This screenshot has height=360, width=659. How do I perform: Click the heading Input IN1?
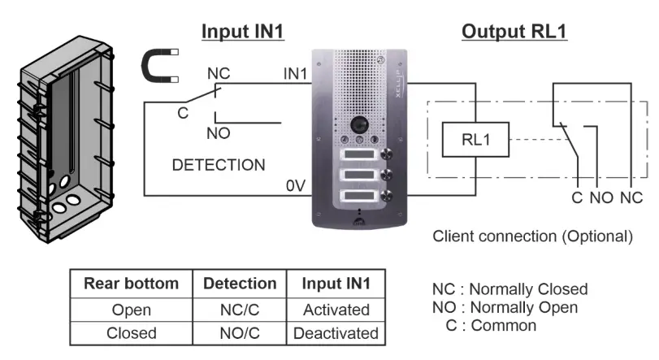click(x=241, y=32)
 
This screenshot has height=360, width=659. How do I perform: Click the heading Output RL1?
click(x=514, y=32)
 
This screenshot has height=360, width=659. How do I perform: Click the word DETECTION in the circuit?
click(x=219, y=165)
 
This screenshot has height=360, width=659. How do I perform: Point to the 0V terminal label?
click(x=294, y=186)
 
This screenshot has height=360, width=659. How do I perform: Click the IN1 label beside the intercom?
click(x=294, y=74)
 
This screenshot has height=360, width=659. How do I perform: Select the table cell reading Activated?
click(x=336, y=310)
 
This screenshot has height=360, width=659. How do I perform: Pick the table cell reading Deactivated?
click(x=336, y=332)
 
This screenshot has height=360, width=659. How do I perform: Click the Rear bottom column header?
click(x=131, y=284)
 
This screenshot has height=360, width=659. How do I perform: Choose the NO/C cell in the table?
click(x=239, y=332)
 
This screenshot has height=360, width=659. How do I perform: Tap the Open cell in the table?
click(x=131, y=310)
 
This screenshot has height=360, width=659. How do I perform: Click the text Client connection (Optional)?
click(x=532, y=237)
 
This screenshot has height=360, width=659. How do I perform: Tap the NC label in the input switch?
click(x=219, y=73)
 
